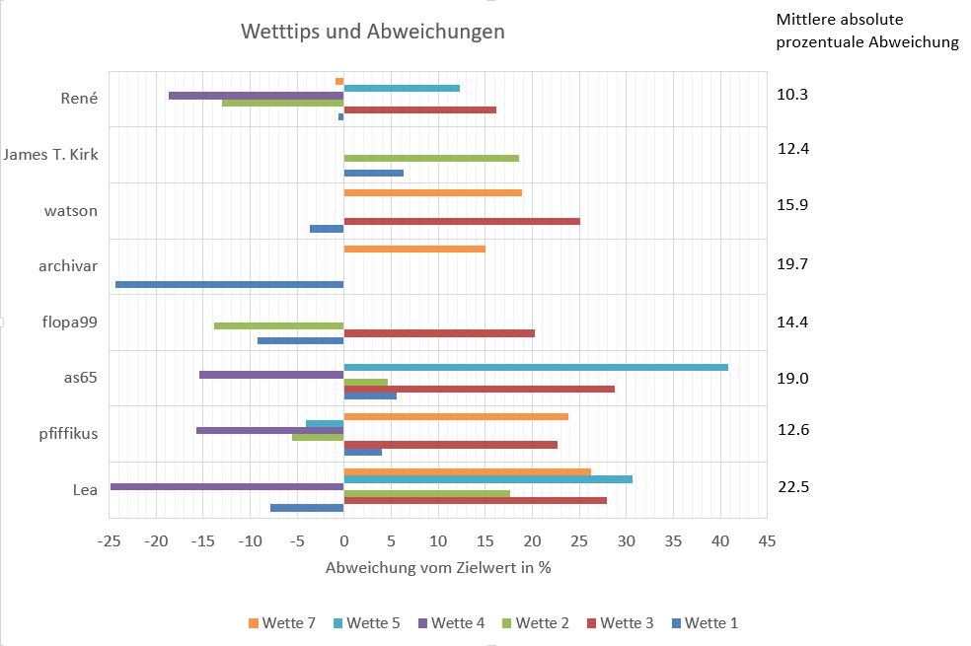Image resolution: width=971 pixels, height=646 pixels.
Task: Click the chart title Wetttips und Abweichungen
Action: [373, 32]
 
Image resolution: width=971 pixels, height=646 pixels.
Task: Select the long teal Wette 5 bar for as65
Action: [536, 367]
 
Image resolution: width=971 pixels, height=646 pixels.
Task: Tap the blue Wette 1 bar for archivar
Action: [229, 284]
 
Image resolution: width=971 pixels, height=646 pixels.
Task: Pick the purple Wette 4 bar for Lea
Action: [227, 486]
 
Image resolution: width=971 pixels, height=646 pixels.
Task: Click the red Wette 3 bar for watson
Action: [462, 221]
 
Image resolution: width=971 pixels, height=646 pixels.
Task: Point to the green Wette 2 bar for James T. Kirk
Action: [431, 158]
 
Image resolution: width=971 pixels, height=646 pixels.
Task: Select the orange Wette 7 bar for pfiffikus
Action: [456, 416]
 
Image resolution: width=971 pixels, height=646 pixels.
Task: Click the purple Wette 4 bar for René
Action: [256, 96]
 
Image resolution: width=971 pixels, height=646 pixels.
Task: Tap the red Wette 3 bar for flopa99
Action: [439, 333]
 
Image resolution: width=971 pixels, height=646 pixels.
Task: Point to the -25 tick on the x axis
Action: [110, 541]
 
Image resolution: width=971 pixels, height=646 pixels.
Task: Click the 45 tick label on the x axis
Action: [767, 541]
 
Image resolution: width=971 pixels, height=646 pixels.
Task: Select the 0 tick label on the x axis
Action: [343, 541]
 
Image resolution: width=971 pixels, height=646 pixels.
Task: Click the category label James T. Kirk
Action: [50, 154]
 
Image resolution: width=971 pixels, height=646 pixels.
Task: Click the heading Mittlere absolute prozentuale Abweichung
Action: [866, 31]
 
